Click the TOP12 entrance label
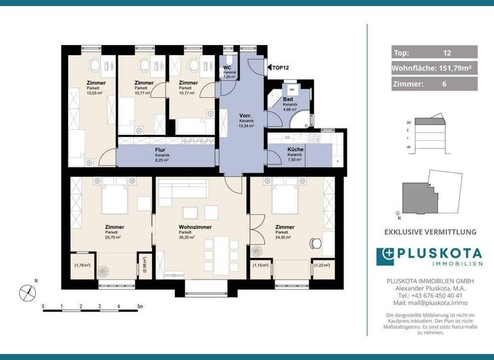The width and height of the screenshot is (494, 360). click(x=280, y=67)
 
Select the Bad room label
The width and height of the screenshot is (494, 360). click(x=290, y=98)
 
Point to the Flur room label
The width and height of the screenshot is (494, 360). click(x=161, y=149)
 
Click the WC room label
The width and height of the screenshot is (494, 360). click(x=227, y=67)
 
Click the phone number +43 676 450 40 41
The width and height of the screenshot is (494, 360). click(x=434, y=295)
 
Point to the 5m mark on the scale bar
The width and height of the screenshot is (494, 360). click(x=139, y=307)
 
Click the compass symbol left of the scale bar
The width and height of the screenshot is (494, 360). click(x=26, y=293)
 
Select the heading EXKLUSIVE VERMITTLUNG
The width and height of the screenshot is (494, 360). click(x=430, y=231)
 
